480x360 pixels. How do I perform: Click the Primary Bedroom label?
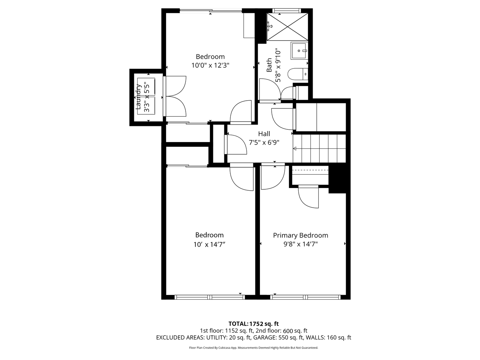point(300,235)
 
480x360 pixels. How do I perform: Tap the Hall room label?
point(264,134)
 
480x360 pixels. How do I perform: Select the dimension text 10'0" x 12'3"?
point(210,65)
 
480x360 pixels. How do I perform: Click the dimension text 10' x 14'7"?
point(209,244)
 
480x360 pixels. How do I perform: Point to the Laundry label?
point(138,97)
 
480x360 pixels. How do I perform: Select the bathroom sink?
point(299,51)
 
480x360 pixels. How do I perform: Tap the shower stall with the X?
point(287,26)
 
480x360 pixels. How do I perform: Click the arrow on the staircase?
point(295,148)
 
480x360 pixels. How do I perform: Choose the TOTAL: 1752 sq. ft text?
point(253,324)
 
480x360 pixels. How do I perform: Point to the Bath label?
point(269,65)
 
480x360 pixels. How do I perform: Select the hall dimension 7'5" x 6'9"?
point(264,142)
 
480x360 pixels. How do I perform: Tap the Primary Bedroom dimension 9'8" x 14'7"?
point(300,244)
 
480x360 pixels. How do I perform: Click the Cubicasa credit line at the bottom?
point(253,348)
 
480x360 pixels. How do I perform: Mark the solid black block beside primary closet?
point(337,179)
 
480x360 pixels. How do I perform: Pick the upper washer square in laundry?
point(146,87)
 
